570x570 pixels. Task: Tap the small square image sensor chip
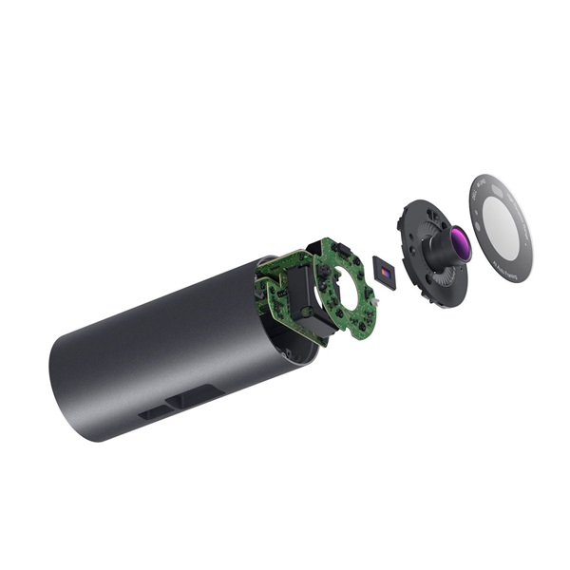click(384, 274)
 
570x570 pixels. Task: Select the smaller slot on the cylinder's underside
click(153, 413)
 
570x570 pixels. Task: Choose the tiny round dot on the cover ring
click(476, 203)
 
